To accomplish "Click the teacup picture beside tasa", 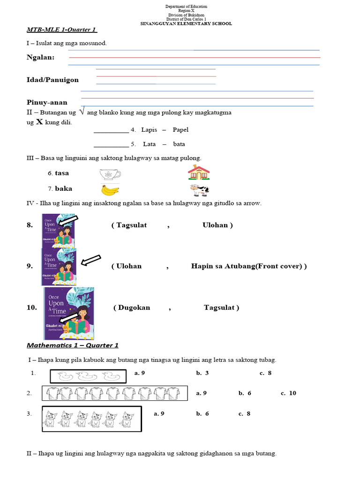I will point(110,174).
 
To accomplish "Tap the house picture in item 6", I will point(199,172).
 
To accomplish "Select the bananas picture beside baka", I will point(110,190).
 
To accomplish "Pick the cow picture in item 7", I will point(199,190).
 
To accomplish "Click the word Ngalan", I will point(40,57).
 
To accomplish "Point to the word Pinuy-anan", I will point(47,102).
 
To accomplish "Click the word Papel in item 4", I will point(180,130).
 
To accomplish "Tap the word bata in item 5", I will point(179,144).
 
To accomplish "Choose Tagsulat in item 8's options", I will point(129,225).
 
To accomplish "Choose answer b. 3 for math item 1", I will point(202,373).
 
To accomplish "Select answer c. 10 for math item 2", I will point(288,393).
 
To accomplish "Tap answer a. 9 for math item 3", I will point(159,413).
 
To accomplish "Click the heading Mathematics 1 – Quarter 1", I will point(73,345).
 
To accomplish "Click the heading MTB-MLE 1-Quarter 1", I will point(61,30).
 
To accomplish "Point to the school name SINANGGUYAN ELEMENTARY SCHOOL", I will point(186,23).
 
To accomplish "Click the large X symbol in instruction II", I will point(39,122).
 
